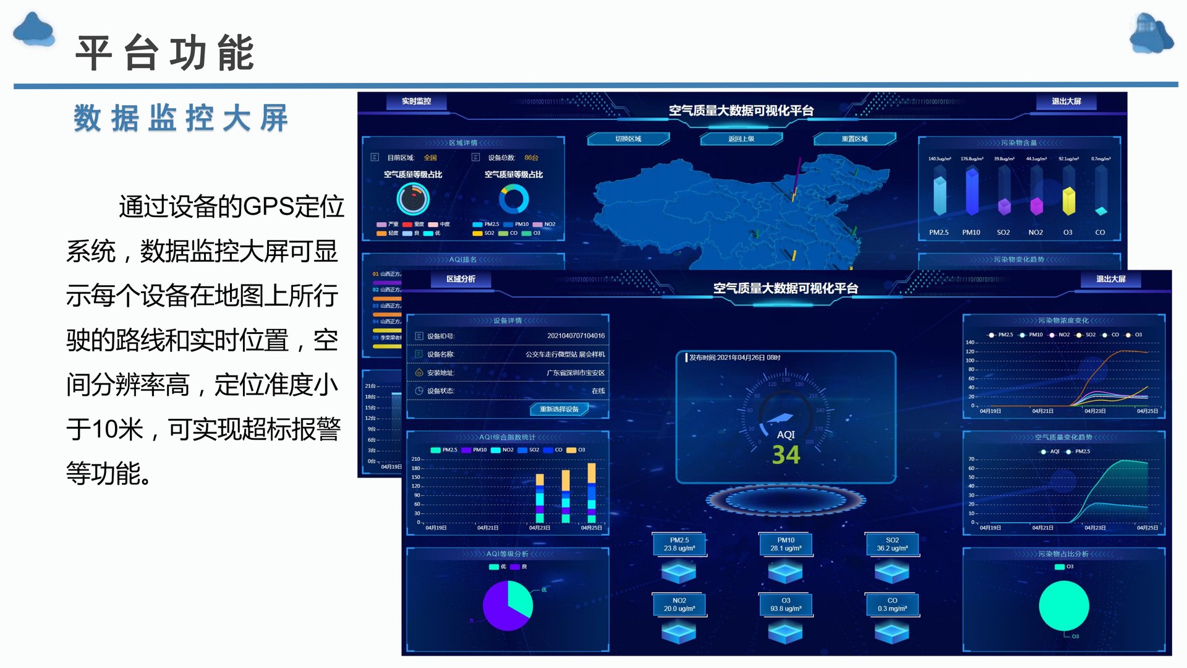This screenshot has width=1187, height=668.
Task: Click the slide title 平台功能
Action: click(x=164, y=53)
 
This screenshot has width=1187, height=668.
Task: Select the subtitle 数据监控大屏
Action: click(x=181, y=118)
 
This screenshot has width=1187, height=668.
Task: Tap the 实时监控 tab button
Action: click(x=416, y=101)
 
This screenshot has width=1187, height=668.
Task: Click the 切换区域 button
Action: click(x=628, y=139)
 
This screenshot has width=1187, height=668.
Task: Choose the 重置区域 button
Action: click(x=854, y=139)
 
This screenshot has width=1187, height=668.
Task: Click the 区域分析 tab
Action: click(x=461, y=280)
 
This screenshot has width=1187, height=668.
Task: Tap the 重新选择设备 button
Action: click(x=559, y=409)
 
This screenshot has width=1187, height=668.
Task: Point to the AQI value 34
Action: click(x=786, y=455)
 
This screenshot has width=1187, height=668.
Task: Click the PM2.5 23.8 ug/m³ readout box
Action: click(x=679, y=544)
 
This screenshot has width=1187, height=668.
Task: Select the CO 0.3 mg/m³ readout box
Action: click(x=892, y=605)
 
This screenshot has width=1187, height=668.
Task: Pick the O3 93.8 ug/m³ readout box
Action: click(x=786, y=605)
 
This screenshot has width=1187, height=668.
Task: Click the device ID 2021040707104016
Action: click(x=576, y=336)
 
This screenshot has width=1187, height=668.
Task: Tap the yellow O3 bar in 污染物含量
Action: click(x=1068, y=201)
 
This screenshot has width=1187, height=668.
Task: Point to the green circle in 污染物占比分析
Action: click(x=1063, y=606)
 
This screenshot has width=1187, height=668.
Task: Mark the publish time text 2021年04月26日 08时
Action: click(x=734, y=358)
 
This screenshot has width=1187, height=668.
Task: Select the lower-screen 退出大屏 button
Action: click(x=1111, y=280)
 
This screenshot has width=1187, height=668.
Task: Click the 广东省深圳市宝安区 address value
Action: click(x=576, y=373)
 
